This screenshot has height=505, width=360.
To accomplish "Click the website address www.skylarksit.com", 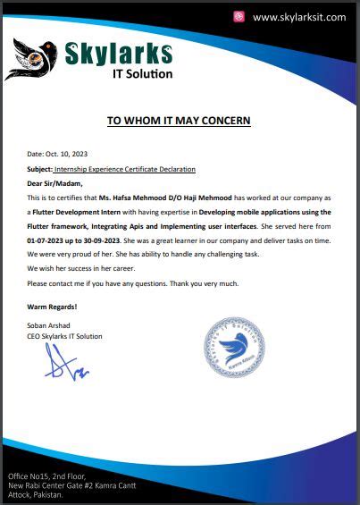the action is coord(298,17).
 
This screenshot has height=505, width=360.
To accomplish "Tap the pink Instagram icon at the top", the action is coord(239,17).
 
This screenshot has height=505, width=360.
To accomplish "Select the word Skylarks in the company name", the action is coord(120,52).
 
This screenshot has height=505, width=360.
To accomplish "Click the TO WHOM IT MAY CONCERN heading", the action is coord(179,120).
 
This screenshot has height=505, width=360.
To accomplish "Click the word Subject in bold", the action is coord(39,169).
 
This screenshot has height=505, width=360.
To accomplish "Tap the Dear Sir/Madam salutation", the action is coord(52,182).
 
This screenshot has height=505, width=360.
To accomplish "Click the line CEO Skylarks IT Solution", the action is coord(64,336).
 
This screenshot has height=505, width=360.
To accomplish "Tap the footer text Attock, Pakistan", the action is coord(36,493).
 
